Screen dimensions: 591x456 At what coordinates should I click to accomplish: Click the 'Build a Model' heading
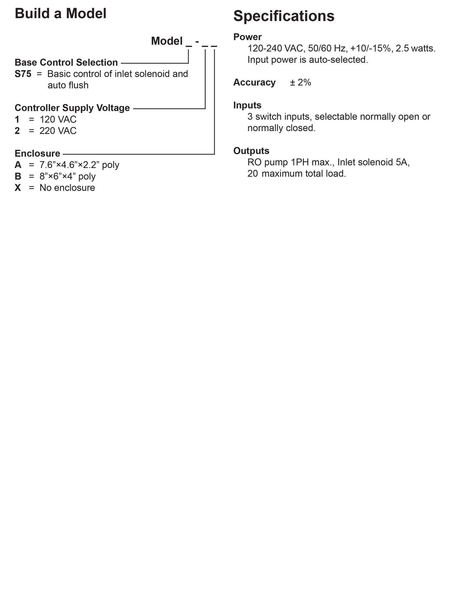[61, 14]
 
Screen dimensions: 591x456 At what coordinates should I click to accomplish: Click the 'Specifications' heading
[284, 16]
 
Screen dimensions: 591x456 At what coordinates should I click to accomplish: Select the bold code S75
[23, 74]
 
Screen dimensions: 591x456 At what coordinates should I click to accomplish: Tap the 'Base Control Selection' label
[66, 62]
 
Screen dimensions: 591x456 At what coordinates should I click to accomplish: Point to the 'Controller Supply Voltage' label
[72, 108]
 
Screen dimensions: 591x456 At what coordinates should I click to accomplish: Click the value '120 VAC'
[58, 119]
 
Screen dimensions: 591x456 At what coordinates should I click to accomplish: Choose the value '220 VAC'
[58, 131]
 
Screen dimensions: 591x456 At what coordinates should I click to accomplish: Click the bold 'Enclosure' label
[37, 153]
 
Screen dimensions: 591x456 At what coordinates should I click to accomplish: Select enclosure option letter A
[18, 165]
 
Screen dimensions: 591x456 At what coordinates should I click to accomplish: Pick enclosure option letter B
[18, 176]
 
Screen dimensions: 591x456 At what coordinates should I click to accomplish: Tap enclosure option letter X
[18, 188]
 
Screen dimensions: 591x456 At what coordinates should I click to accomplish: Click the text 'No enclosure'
[67, 188]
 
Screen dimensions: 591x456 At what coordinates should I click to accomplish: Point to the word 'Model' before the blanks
[167, 41]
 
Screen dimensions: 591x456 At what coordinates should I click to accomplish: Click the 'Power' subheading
[247, 37]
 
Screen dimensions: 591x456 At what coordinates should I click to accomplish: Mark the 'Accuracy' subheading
[254, 83]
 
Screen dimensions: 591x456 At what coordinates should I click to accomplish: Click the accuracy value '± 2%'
[300, 83]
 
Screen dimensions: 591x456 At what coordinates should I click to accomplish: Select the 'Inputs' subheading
[247, 105]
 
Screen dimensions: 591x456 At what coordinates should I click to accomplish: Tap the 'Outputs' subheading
[251, 151]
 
